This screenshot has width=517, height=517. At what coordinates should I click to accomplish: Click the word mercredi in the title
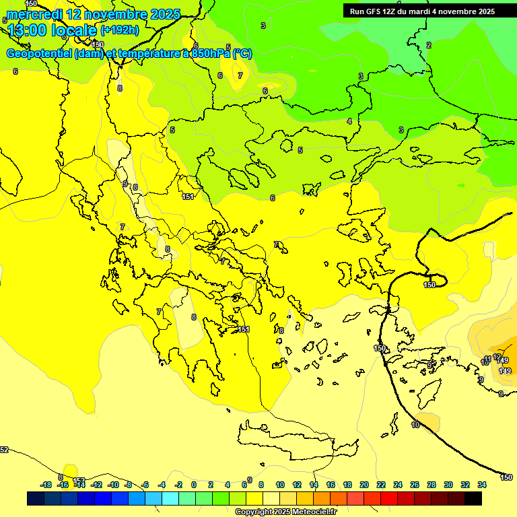(x=35, y=14)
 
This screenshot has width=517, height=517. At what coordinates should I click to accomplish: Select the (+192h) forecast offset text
(x=120, y=30)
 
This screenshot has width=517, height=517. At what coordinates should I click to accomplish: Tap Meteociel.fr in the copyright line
(x=306, y=512)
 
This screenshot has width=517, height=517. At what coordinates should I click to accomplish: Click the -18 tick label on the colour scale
(x=46, y=485)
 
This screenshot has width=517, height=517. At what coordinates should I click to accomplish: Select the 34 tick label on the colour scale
(x=482, y=485)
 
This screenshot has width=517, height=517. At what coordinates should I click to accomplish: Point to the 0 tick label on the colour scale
(x=194, y=485)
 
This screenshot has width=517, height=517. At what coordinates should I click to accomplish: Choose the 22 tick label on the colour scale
(x=381, y=485)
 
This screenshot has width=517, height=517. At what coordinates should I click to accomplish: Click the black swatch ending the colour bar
(x=473, y=498)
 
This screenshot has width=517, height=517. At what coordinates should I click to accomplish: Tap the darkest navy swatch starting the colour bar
(x=36, y=498)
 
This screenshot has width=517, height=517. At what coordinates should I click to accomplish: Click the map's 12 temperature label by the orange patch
(x=497, y=357)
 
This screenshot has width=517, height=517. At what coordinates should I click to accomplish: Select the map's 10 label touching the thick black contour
(x=415, y=425)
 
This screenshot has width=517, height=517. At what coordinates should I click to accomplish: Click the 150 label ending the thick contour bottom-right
(x=506, y=477)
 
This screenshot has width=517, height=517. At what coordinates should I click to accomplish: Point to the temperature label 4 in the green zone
(x=349, y=121)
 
